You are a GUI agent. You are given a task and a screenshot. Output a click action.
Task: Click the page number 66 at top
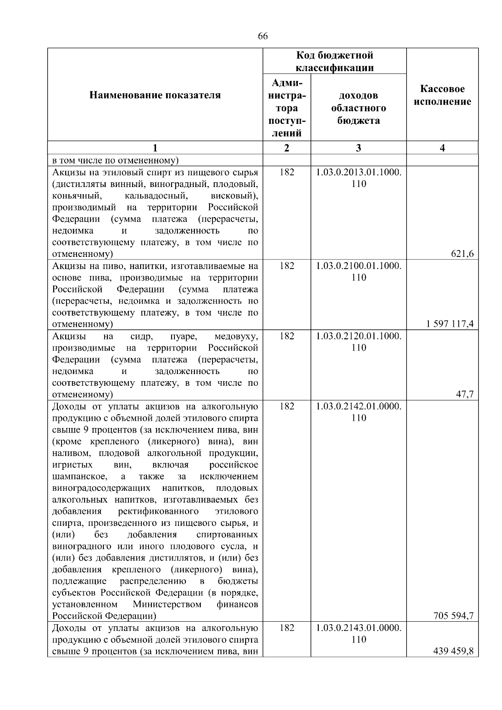263,36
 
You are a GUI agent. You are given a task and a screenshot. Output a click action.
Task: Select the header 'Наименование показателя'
155,95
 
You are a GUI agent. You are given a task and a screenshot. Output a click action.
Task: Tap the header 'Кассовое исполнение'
442,95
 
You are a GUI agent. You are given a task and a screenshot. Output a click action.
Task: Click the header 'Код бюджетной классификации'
335,62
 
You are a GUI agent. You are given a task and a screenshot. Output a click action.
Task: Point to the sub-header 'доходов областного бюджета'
359,108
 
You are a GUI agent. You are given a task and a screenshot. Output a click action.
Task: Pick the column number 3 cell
359,148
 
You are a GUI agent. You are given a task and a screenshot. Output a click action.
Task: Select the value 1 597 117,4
450,324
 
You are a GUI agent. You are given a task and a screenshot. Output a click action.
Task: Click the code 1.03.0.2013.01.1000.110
359,178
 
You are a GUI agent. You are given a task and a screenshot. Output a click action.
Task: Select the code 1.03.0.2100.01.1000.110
359,272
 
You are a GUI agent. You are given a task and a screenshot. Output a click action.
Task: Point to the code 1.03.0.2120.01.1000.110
359,342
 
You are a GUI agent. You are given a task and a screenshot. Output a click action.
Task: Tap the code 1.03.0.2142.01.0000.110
359,412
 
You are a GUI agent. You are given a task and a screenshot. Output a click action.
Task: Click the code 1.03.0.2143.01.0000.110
359,633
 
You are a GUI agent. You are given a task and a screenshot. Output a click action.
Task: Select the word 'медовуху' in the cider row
236,336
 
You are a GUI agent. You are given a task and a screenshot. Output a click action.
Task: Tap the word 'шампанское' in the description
79,477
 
